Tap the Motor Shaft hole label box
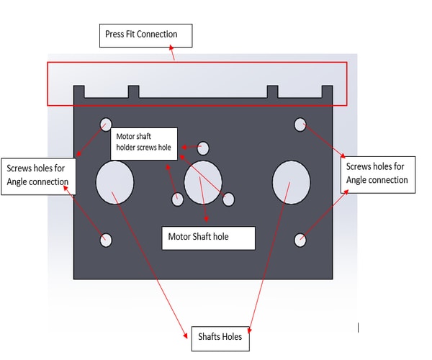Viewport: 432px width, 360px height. (208, 237)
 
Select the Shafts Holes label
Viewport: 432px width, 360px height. (220, 337)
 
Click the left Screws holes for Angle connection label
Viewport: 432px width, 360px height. (37, 174)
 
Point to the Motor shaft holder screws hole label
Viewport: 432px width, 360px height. (144, 142)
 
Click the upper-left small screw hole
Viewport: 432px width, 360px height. (106, 123)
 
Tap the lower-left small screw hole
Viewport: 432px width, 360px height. (106, 240)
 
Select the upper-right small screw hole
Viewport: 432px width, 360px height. (300, 124)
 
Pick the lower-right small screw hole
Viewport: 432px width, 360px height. (300, 240)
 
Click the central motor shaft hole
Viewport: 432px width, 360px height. (203, 181)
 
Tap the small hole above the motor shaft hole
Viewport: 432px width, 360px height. (203, 148)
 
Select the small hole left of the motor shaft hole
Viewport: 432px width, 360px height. (177, 199)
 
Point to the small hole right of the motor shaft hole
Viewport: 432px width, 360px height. (228, 199)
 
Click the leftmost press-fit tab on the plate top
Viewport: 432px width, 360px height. (79, 92)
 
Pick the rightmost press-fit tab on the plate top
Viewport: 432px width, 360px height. (327, 92)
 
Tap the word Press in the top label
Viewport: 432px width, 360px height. (115, 34)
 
